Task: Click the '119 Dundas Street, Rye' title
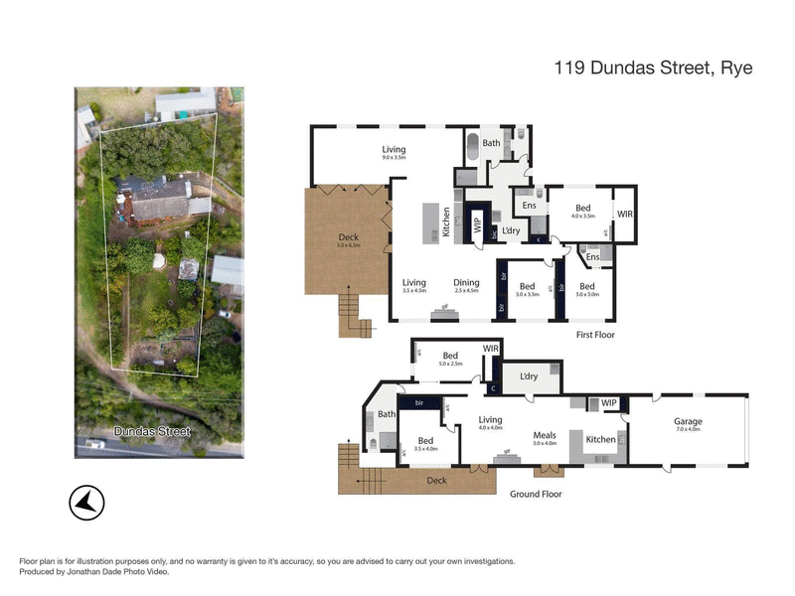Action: point(652,69)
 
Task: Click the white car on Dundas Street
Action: point(94,444)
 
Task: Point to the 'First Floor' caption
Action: point(595,335)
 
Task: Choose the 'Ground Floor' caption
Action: point(537,494)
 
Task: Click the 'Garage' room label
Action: point(688,422)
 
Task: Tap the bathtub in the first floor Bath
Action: point(473,142)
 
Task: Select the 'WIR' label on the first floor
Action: point(624,214)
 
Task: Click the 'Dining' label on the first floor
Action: point(467,282)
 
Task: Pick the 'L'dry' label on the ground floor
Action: point(529,376)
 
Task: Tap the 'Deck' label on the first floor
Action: point(348,236)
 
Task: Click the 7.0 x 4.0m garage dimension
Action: point(688,430)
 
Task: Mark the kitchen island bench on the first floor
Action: point(431,222)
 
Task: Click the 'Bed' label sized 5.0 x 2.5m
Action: point(450,356)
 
